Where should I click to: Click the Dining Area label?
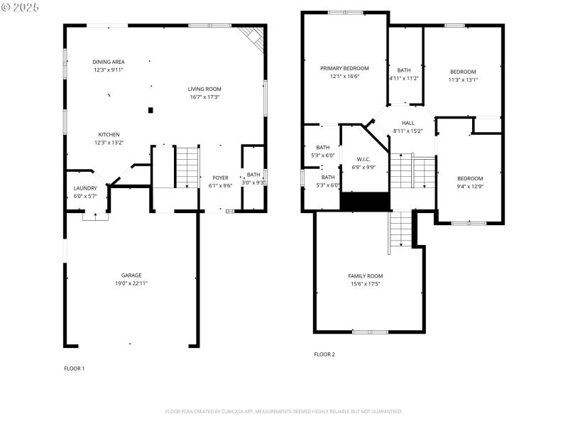click(x=109, y=62)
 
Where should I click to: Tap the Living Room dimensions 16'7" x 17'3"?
click(x=204, y=97)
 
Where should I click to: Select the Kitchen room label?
click(x=109, y=134)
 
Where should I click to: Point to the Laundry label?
click(x=85, y=188)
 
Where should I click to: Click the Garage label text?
click(x=131, y=275)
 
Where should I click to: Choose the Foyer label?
click(x=220, y=177)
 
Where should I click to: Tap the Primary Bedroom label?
click(x=344, y=68)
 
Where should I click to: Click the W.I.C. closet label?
click(x=364, y=159)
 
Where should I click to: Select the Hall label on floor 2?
click(x=408, y=123)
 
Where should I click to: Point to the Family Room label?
click(x=365, y=275)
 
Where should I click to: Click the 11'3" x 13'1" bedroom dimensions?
click(x=462, y=80)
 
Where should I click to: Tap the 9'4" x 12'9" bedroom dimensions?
click(x=469, y=187)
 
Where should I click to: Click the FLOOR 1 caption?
click(x=75, y=368)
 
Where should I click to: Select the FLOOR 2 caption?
click(x=324, y=354)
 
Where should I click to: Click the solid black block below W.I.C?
click(x=365, y=202)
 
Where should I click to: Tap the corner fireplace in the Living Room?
click(x=253, y=36)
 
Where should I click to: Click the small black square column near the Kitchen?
click(x=150, y=110)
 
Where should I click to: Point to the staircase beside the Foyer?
click(x=186, y=168)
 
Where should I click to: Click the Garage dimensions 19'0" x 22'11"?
click(x=131, y=283)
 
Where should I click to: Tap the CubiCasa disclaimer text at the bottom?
click(x=284, y=411)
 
